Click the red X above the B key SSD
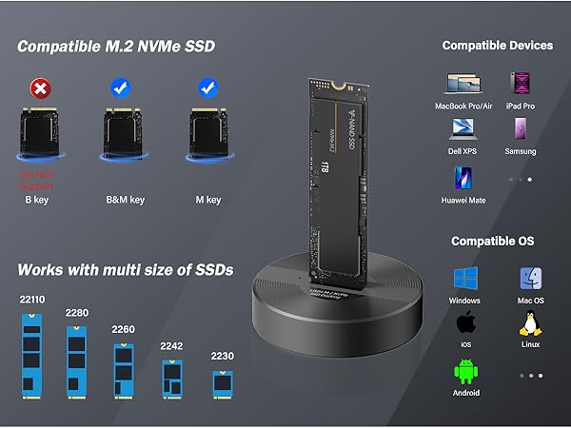[x=39, y=88]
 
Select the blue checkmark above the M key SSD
[x=207, y=88]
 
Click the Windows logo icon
[x=465, y=280]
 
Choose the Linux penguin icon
[x=529, y=325]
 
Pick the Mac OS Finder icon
[x=530, y=280]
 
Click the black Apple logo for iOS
[x=465, y=323]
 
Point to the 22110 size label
[x=32, y=300]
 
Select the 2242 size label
[x=172, y=345]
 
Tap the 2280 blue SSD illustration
[x=77, y=360]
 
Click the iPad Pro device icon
[x=521, y=84]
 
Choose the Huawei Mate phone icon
[x=464, y=179]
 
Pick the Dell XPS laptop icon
[x=464, y=130]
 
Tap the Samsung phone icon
[x=521, y=130]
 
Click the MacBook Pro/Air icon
[x=464, y=84]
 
